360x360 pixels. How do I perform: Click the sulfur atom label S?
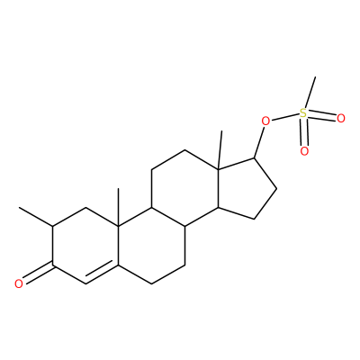(x=303, y=113)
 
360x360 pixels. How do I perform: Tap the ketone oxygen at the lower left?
(x=19, y=283)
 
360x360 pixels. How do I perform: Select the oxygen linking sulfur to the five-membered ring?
(x=265, y=121)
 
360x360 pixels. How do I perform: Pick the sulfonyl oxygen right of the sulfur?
(x=341, y=119)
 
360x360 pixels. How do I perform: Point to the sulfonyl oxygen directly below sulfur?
(x=304, y=151)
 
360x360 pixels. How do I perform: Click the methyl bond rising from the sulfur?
(x=310, y=92)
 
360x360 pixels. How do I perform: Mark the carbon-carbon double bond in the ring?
(x=102, y=274)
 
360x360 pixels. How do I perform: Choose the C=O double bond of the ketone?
(x=38, y=272)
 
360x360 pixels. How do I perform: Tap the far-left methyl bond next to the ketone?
(x=36, y=217)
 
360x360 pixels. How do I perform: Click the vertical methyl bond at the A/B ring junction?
(x=118, y=207)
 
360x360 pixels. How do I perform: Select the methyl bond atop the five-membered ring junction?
(x=220, y=150)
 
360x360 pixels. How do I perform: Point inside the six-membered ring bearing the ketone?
(x=85, y=246)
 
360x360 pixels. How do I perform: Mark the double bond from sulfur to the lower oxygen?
(x=304, y=132)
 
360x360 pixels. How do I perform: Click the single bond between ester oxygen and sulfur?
(x=285, y=118)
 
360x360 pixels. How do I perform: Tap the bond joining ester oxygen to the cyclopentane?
(x=259, y=142)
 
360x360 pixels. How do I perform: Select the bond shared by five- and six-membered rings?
(x=219, y=188)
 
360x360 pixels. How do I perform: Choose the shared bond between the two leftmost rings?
(x=118, y=246)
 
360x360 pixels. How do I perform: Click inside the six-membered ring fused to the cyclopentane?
(x=185, y=188)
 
